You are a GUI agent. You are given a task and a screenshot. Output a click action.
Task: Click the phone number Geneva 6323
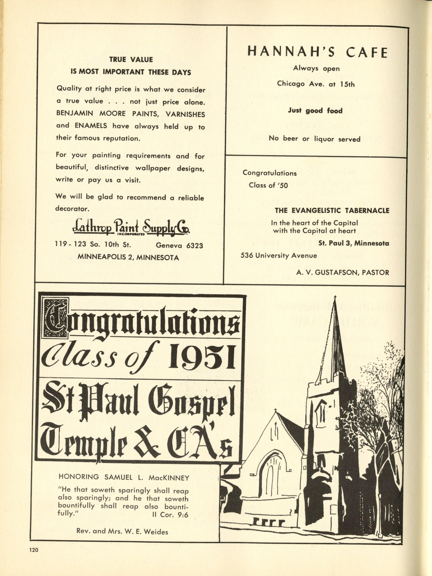(179, 245)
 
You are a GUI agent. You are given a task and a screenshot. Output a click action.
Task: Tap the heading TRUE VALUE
(131, 60)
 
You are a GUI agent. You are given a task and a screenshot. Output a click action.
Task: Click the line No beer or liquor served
(315, 139)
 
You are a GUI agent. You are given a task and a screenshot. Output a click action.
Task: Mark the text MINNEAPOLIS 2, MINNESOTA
(128, 258)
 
